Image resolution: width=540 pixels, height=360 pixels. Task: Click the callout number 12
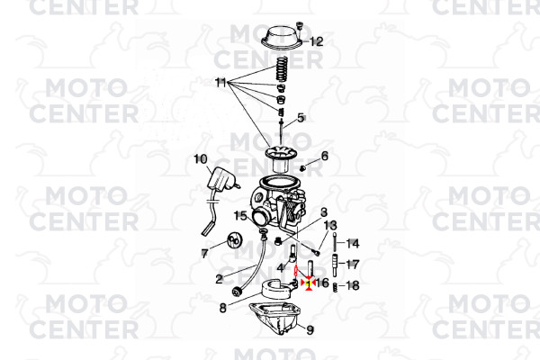click(x=317, y=41)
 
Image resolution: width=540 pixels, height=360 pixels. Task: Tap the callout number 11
click(x=220, y=83)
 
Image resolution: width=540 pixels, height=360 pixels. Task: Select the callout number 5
click(x=301, y=118)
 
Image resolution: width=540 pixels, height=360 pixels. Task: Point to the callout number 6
click(x=324, y=156)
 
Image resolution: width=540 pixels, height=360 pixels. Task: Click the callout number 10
click(x=201, y=159)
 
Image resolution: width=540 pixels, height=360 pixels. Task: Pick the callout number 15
click(x=240, y=216)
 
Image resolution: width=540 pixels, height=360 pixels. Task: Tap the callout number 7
click(x=204, y=254)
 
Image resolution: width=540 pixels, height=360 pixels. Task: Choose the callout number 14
click(x=352, y=244)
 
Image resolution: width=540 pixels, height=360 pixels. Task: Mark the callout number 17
click(x=352, y=265)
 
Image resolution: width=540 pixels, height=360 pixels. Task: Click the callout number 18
click(x=352, y=285)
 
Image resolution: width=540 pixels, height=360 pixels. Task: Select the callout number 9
click(x=310, y=330)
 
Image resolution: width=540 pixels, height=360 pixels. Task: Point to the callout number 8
click(x=223, y=308)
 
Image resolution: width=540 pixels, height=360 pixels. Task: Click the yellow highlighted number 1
click(x=309, y=283)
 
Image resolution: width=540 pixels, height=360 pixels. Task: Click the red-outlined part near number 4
click(x=295, y=270)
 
